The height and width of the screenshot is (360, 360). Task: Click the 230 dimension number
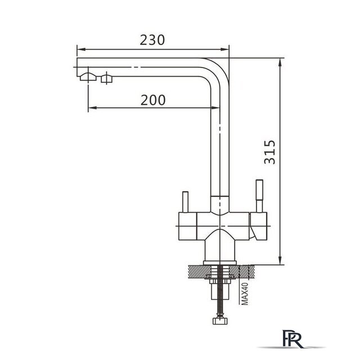152,40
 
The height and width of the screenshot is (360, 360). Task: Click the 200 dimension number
153,100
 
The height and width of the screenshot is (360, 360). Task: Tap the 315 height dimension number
269,152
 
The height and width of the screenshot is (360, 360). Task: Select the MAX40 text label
245,294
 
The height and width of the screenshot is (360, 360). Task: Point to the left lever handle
185,202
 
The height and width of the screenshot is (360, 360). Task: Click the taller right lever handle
259,196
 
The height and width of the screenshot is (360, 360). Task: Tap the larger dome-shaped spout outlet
88,76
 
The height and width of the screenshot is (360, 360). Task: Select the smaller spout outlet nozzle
107,79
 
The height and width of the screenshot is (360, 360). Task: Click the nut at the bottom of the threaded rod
220,321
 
